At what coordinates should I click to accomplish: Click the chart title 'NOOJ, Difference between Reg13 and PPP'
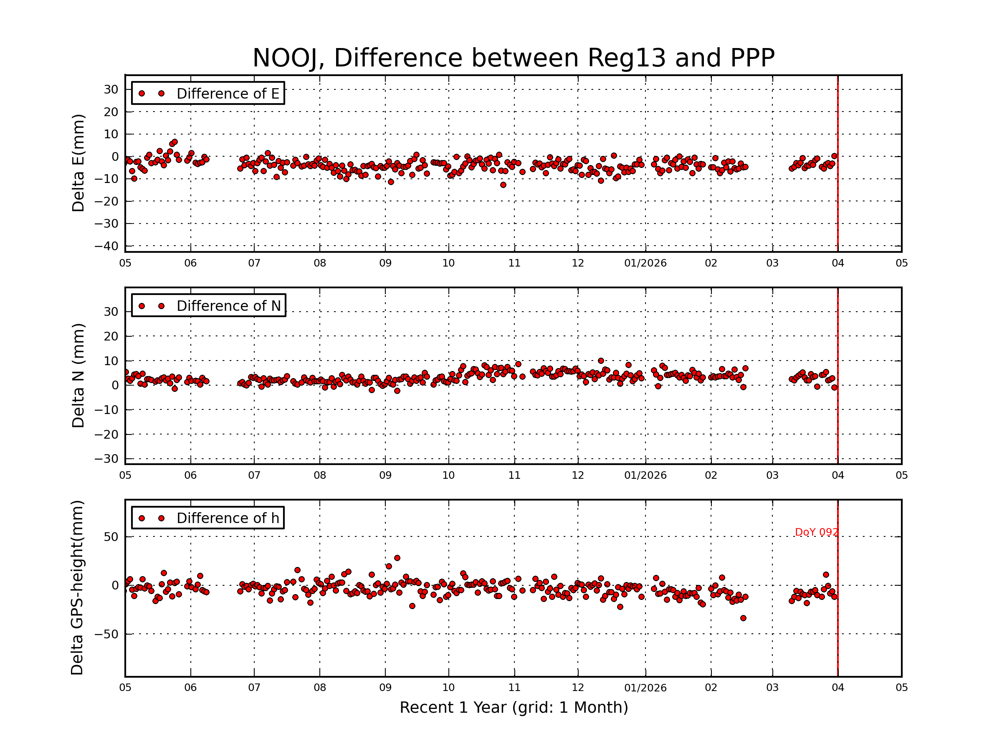(x=513, y=58)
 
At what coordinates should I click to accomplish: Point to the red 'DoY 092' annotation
(x=816, y=532)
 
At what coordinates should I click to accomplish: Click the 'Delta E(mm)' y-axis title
(x=78, y=163)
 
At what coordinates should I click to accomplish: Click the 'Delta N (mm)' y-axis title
(x=78, y=375)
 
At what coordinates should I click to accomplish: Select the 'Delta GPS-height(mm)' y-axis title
(x=78, y=588)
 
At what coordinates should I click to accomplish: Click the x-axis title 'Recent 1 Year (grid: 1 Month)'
(x=514, y=708)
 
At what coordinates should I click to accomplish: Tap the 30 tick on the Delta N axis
(x=111, y=312)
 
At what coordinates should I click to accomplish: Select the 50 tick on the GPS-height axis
(x=111, y=537)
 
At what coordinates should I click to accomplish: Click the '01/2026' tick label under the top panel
(x=645, y=263)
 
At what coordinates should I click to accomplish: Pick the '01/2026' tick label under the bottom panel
(x=645, y=688)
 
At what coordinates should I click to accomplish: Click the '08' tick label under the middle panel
(x=320, y=475)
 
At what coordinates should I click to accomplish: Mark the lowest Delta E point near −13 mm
(x=503, y=185)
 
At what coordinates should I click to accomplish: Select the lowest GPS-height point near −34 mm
(x=743, y=618)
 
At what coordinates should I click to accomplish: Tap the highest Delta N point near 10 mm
(x=601, y=361)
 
